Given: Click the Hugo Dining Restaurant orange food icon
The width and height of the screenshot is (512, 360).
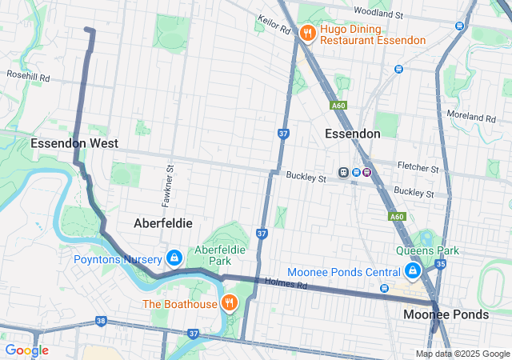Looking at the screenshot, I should click(306, 34).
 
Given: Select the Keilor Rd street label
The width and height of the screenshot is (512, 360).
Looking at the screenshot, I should click(274, 28).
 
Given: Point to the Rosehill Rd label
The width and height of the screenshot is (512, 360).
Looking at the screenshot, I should click(28, 78).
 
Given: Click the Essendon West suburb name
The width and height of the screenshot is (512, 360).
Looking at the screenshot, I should click(74, 143).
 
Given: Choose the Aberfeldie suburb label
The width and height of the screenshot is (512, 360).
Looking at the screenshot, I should click(163, 222).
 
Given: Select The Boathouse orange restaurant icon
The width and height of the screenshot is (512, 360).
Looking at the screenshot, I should click(229, 303).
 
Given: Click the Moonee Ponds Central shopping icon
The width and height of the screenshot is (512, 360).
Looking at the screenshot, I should click(413, 273).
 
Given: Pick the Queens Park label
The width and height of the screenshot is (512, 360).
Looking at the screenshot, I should click(427, 250).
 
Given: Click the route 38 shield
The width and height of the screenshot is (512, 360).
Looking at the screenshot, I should click(100, 321).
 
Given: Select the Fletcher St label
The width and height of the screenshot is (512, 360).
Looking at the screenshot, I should click(418, 169).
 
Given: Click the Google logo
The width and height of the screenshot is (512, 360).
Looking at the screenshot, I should click(26, 350).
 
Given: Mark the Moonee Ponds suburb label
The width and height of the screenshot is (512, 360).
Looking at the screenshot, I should click(446, 314).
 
